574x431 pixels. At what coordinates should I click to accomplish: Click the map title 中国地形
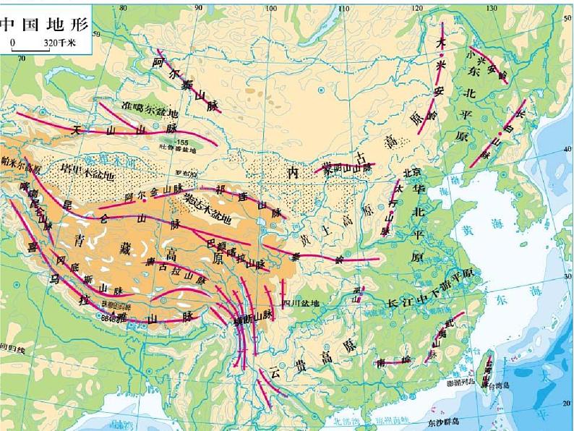[x=44, y=24]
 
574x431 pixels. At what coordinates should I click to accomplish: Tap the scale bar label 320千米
[x=59, y=43]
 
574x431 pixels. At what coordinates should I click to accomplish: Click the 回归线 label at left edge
[x=12, y=349]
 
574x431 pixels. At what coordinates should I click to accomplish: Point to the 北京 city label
[x=411, y=172]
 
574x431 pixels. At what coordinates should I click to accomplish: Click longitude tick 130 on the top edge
[x=491, y=7]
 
